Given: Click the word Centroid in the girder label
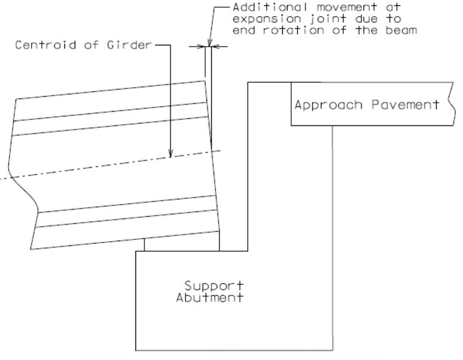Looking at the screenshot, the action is coord(45,45).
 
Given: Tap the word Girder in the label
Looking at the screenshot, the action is coord(129,45).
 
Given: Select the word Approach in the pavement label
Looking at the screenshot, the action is coord(328,105).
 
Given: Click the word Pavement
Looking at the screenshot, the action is coord(405,104).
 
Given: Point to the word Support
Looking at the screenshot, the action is coord(214,286).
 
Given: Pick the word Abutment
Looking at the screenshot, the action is coord(209,297).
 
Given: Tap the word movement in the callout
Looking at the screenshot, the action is coord(347,7).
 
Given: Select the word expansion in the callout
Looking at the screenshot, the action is coord(267,19).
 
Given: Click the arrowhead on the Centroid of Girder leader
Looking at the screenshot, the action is coord(171,153).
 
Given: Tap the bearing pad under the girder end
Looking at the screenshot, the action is coord(182,244).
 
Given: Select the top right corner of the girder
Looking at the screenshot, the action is coord(205,81).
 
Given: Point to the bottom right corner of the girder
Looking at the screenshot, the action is coord(219,232).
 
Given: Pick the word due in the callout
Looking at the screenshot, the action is coord(366,19).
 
